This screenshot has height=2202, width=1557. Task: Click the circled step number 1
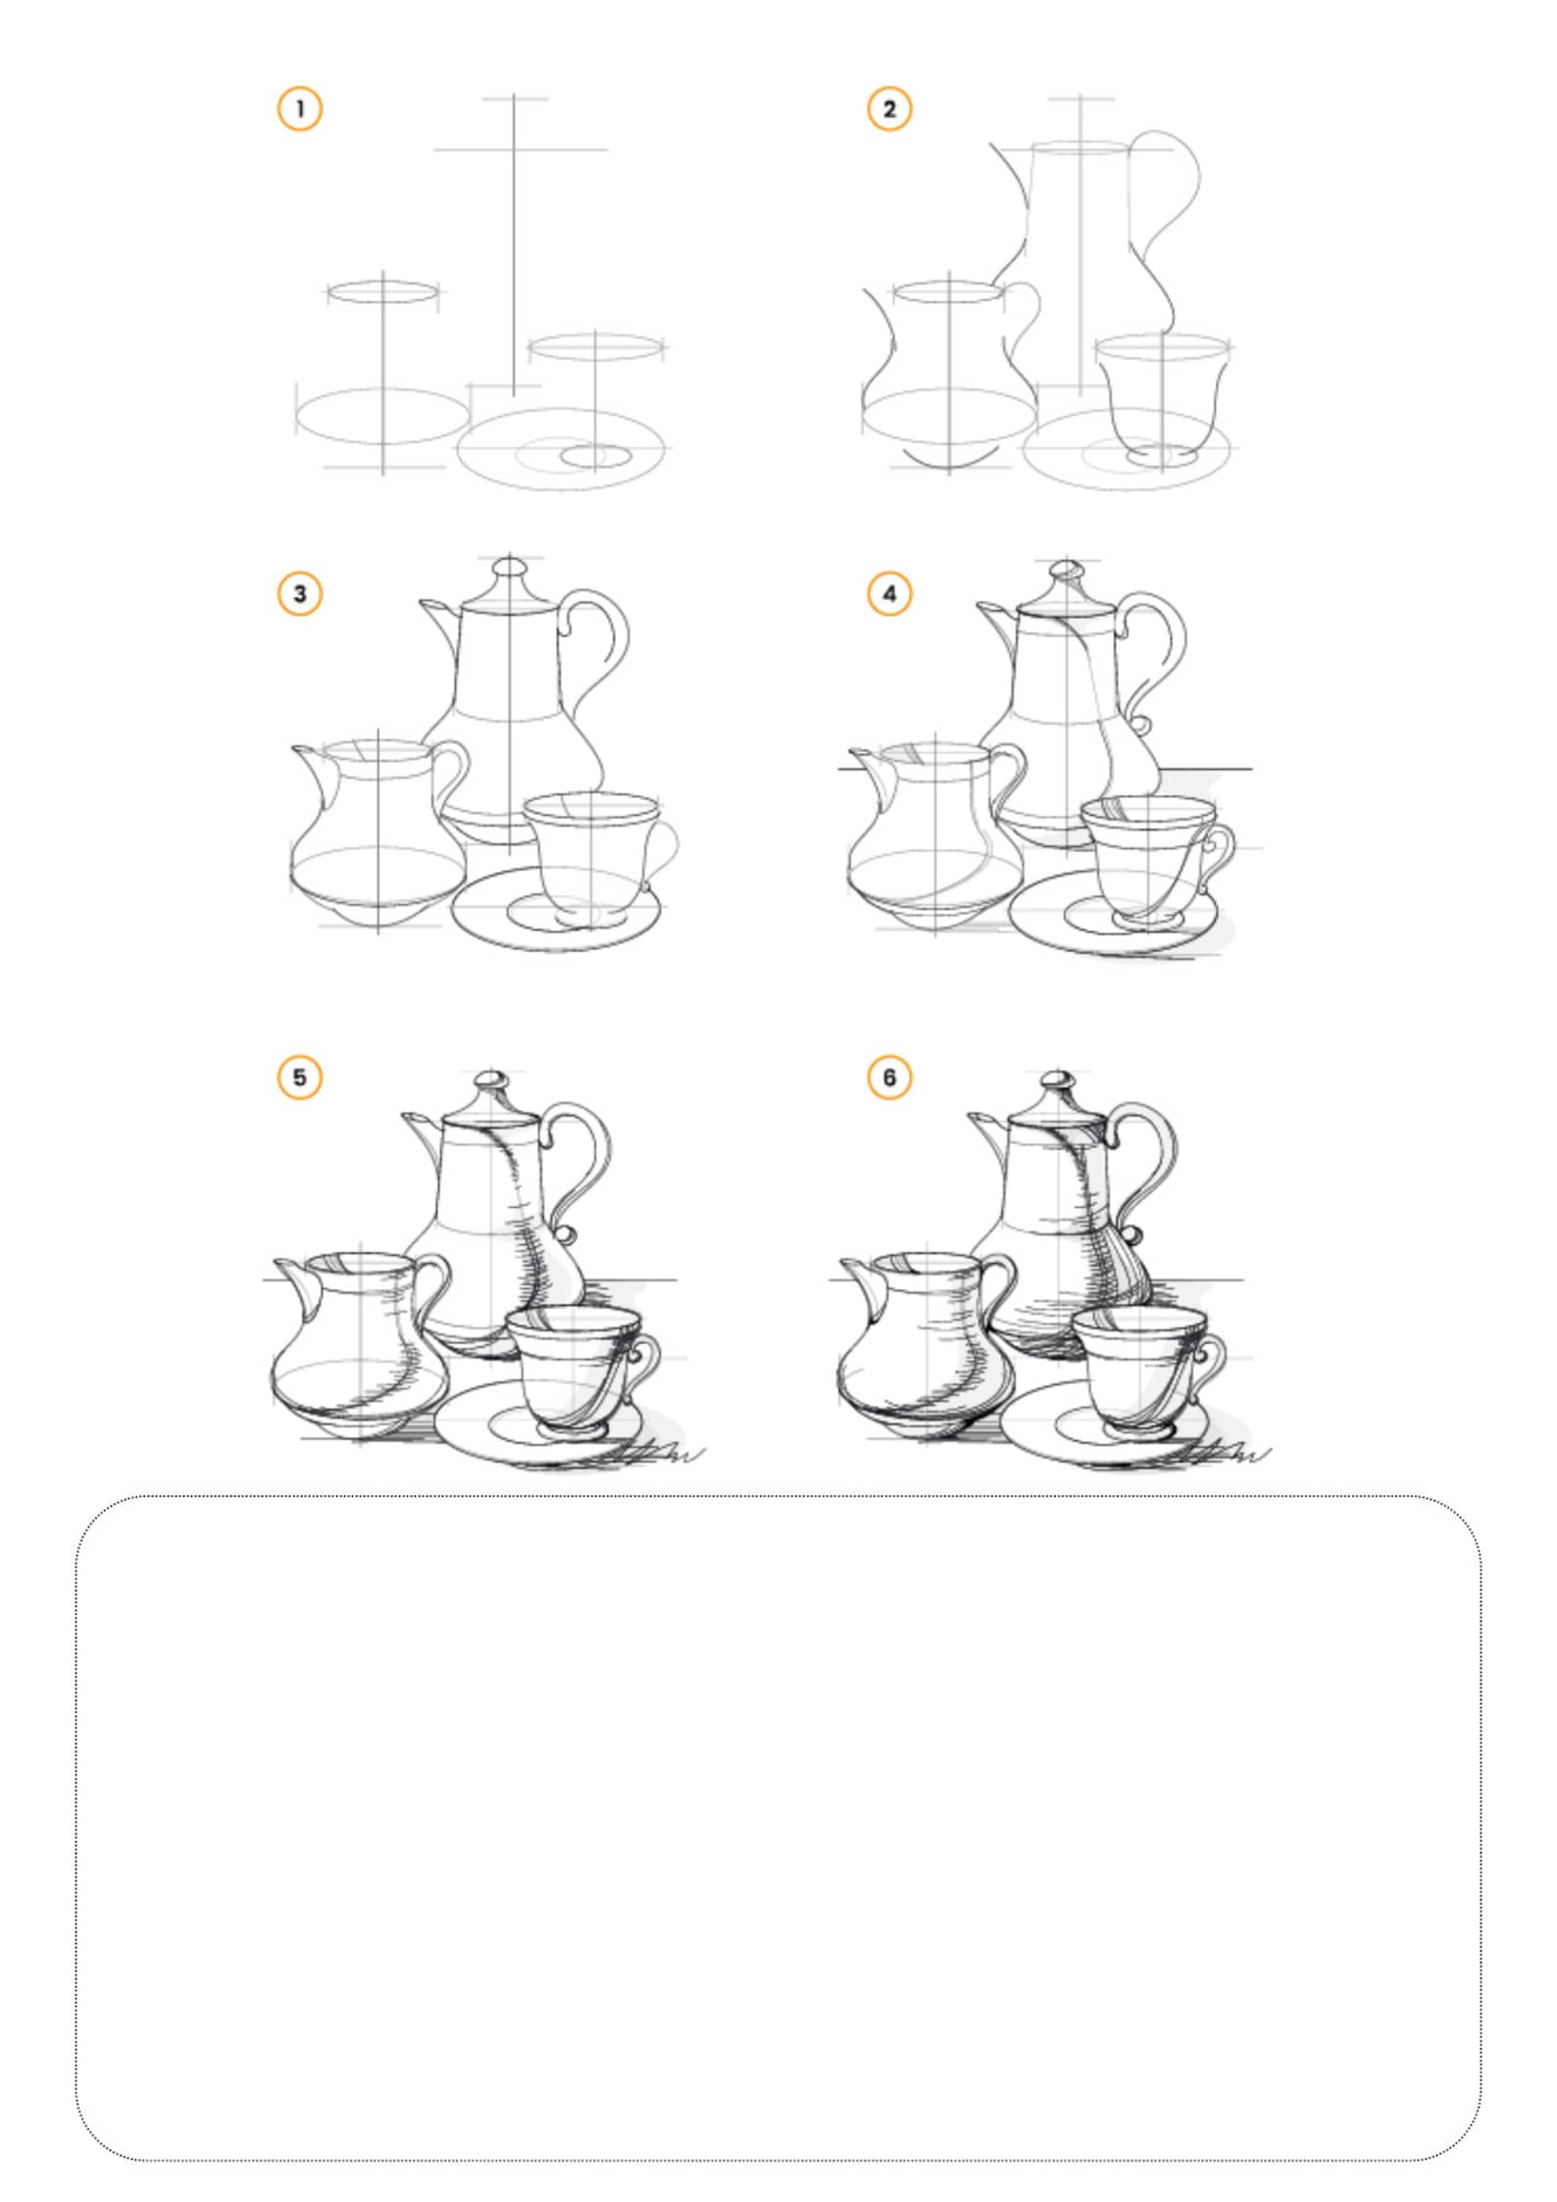(x=300, y=109)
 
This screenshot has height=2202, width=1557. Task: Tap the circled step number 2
(x=889, y=109)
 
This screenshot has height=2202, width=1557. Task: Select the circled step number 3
(x=300, y=593)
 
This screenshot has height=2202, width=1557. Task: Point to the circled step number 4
(x=889, y=593)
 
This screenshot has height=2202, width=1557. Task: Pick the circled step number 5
(x=300, y=1077)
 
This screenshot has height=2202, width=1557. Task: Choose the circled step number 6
(x=889, y=1077)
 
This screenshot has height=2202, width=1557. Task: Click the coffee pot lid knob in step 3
(x=510, y=568)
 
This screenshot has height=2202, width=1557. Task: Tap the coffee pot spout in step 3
(x=436, y=613)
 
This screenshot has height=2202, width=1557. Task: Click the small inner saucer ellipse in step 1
(x=596, y=456)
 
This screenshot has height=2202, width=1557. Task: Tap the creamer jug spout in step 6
(x=858, y=1272)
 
